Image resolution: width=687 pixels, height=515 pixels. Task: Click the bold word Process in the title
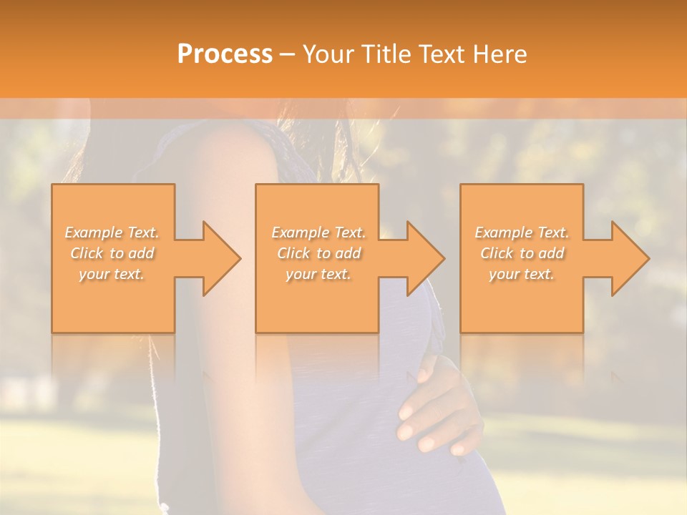coord(225,54)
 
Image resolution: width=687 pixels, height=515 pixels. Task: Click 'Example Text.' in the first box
coord(112,232)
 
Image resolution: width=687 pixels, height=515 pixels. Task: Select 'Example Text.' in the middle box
coord(318,232)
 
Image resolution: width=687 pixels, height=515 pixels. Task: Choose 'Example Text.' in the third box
coord(522,232)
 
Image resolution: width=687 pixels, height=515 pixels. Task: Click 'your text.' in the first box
coord(112,274)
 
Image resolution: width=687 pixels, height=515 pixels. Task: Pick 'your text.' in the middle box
coord(318,274)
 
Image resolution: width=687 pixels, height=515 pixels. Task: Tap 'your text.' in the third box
coord(521,274)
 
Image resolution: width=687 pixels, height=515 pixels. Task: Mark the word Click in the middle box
coord(293,253)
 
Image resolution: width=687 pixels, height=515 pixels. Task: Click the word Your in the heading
coord(329,54)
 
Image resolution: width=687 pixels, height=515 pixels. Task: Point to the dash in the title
coord(287,54)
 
